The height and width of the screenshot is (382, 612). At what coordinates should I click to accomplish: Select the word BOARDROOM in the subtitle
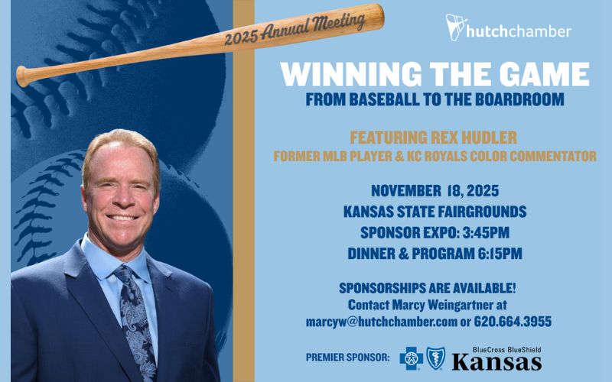510,99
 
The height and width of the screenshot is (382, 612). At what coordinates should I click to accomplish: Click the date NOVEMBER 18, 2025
433,190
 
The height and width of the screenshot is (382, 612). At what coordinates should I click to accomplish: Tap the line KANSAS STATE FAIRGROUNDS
433,212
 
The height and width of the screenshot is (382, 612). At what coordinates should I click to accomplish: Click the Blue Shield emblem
436,357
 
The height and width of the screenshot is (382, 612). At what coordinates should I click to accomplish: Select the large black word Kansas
496,361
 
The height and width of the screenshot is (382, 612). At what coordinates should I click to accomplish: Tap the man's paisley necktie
137,313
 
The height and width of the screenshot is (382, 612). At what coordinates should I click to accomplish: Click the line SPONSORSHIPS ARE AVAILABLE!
434,287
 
